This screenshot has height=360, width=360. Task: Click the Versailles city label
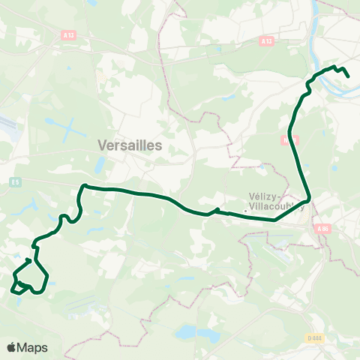[130, 146]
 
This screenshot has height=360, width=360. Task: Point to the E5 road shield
[15, 181]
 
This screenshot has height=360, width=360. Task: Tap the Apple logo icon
[12, 347]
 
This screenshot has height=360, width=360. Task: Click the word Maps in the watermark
[33, 347]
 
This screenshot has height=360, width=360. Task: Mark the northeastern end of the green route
[349, 75]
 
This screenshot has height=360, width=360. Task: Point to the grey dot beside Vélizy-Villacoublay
[245, 211]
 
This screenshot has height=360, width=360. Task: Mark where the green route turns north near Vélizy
[308, 199]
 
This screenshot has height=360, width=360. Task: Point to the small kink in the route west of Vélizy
[216, 211]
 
